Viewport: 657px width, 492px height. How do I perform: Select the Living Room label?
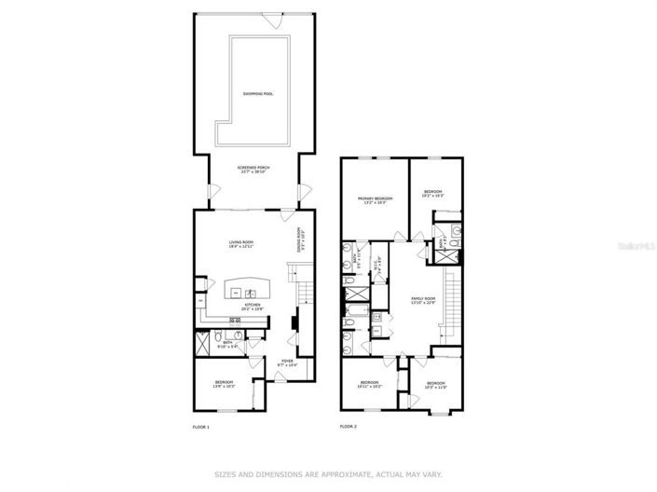[242, 245]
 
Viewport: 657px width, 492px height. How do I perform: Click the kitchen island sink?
[237, 293]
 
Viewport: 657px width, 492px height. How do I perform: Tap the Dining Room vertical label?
[299, 241]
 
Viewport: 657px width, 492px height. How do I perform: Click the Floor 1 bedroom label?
[224, 383]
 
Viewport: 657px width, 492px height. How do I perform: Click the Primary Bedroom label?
[376, 198]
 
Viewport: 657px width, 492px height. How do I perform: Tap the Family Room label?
[424, 299]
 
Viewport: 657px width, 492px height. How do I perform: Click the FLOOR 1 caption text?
[200, 427]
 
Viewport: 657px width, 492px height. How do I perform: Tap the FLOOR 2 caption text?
[349, 427]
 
